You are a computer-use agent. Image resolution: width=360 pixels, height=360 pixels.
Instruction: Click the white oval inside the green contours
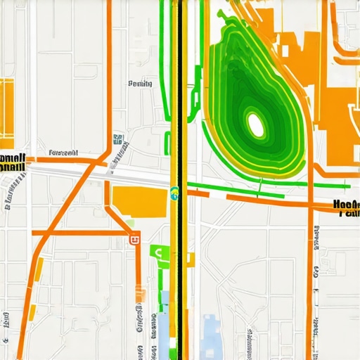(255, 125)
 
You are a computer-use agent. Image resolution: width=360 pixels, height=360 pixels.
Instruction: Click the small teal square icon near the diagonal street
(116, 139)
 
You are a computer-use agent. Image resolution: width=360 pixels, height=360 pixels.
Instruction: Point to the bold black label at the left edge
(13, 162)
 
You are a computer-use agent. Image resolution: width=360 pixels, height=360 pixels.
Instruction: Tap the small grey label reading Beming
(140, 84)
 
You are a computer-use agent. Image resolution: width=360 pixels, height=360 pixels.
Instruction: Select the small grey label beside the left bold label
(63, 152)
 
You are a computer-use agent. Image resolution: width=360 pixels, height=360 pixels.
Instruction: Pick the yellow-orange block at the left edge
(6, 109)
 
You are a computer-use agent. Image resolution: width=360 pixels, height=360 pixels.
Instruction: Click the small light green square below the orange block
(130, 224)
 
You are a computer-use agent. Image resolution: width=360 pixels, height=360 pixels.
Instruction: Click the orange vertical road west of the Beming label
(109, 77)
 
